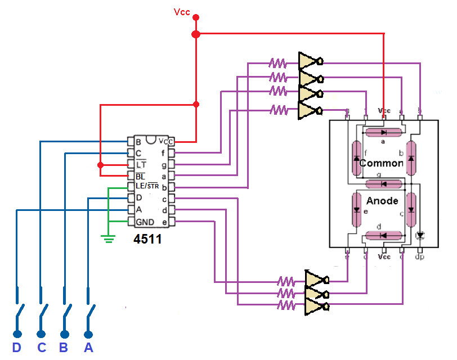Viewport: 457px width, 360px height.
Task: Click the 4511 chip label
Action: click(x=148, y=240)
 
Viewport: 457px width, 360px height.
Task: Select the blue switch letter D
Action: click(x=17, y=348)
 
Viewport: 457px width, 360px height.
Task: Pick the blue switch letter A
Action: click(x=88, y=348)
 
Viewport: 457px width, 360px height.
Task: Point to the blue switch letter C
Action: click(x=41, y=348)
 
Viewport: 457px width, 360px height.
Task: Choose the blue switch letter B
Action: click(x=64, y=348)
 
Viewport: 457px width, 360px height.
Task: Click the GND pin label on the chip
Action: click(x=145, y=222)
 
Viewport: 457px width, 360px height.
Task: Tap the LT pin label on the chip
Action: click(x=141, y=164)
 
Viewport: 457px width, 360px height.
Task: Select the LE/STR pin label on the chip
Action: click(x=147, y=186)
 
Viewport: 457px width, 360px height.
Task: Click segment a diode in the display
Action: click(x=383, y=132)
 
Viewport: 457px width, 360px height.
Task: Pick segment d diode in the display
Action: click(x=383, y=236)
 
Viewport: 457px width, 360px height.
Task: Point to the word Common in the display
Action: click(x=381, y=163)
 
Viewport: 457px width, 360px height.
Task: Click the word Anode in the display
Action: click(x=382, y=201)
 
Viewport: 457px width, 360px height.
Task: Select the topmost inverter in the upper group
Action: click(x=309, y=61)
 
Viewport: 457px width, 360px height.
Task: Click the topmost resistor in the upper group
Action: click(x=278, y=62)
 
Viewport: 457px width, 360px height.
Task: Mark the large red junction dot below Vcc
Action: click(x=196, y=34)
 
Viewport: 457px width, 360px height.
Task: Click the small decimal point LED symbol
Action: click(x=419, y=235)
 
